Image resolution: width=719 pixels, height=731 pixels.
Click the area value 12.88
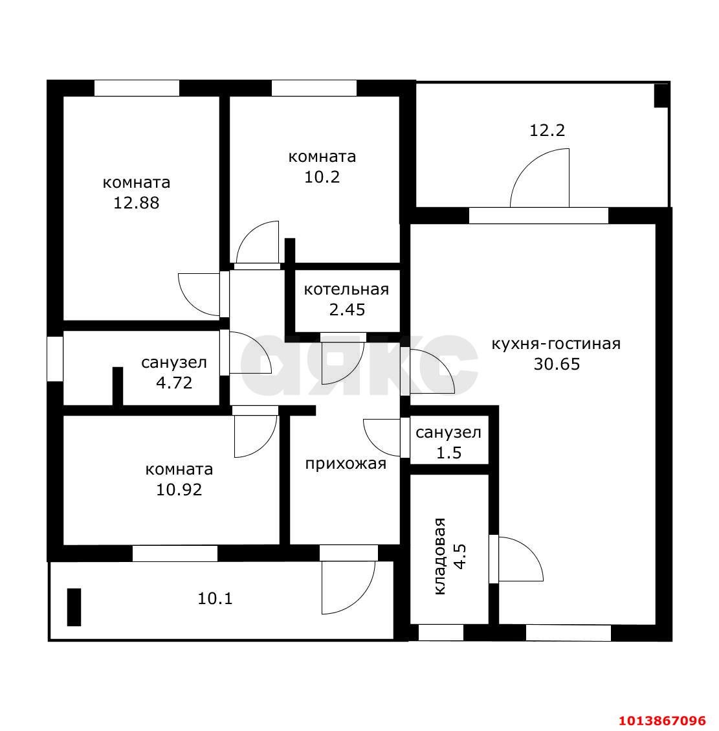pos(137,203)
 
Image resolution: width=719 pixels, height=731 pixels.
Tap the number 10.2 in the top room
pos(322,177)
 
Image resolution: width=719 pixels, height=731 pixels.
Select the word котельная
pos(346,289)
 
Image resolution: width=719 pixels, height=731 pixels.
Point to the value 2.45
pos(347,309)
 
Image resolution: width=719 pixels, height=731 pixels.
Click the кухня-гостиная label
pos(556,344)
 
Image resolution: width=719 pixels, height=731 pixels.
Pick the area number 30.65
pos(557,364)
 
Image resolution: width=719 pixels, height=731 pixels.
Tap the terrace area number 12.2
pos(547,129)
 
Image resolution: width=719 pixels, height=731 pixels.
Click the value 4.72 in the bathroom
pos(174,383)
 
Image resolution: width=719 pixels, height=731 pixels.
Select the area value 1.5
pos(448,452)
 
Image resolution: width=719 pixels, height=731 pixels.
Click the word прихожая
pos(346,464)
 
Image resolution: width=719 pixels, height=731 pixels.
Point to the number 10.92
pos(179,489)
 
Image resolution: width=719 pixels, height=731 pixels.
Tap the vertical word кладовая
pos(440,556)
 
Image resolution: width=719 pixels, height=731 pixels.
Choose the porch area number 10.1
pos(215,598)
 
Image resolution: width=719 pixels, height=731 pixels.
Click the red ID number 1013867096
pos(662,720)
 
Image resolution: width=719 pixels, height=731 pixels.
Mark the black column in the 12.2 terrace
pos(661,96)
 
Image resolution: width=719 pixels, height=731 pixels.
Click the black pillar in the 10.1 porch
pos(74,607)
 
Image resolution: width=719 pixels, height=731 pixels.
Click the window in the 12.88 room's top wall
pos(137,88)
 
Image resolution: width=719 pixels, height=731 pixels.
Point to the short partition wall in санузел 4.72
pos(118,386)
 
